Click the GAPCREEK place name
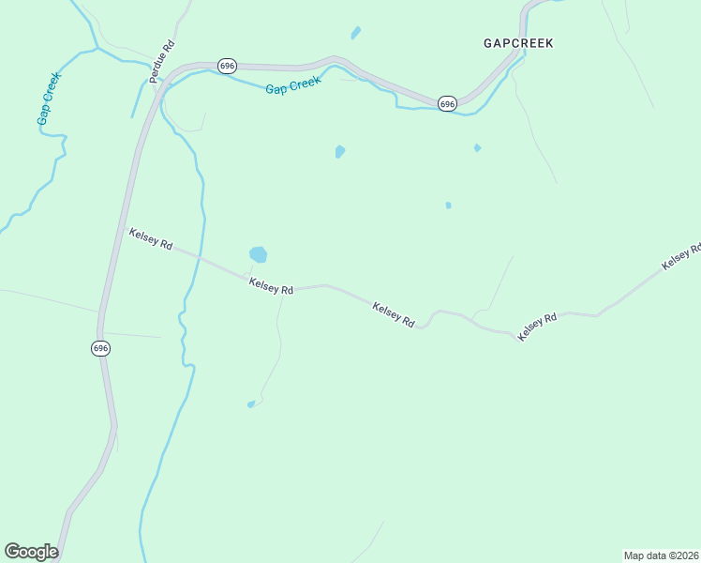[x=518, y=43]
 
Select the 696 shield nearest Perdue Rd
[x=227, y=66]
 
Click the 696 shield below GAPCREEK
[x=447, y=103]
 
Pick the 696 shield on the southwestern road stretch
[x=101, y=348]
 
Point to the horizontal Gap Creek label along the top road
[x=292, y=85]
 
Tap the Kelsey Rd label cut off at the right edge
[x=681, y=257]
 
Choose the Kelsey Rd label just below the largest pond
[x=272, y=286]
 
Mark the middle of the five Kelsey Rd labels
[x=394, y=313]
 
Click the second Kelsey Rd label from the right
[x=538, y=326]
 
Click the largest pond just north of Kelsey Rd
[x=258, y=254]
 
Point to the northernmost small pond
[x=356, y=33]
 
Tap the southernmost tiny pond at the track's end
[x=250, y=404]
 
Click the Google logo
[x=31, y=552]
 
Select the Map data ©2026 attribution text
[x=661, y=555]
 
